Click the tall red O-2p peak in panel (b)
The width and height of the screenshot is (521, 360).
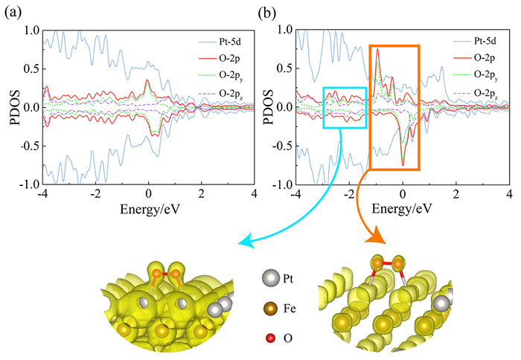tap(379, 51)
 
